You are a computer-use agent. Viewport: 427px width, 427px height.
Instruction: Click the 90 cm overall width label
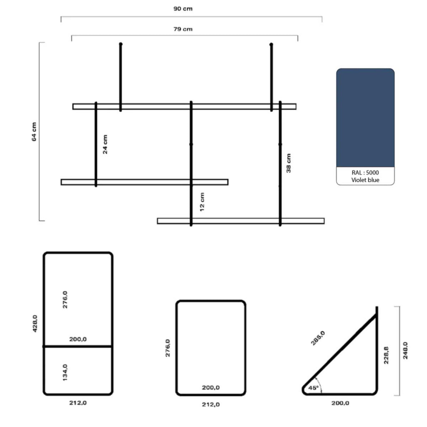pyautogui.click(x=183, y=9)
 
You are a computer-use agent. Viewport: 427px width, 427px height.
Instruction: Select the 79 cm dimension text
pyautogui.click(x=183, y=29)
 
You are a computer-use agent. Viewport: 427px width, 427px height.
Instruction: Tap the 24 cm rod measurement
pyautogui.click(x=105, y=144)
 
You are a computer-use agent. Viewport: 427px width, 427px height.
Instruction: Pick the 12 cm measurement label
pyautogui.click(x=202, y=202)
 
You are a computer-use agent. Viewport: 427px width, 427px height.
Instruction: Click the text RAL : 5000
pyautogui.click(x=365, y=172)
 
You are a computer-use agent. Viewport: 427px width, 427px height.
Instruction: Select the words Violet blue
pyautogui.click(x=365, y=180)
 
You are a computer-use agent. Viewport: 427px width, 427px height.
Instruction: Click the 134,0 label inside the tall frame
pyautogui.click(x=65, y=371)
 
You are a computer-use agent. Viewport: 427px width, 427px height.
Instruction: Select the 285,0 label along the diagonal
pyautogui.click(x=318, y=338)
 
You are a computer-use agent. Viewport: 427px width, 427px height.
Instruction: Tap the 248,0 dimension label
pyautogui.click(x=405, y=350)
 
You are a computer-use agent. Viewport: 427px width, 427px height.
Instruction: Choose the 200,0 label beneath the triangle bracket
pyautogui.click(x=340, y=403)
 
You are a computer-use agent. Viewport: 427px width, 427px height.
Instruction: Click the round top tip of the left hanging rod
pyautogui.click(x=121, y=44)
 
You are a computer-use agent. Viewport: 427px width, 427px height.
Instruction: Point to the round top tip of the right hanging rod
pyautogui.click(x=271, y=44)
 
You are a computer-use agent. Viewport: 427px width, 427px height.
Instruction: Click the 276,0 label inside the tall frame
pyautogui.click(x=65, y=300)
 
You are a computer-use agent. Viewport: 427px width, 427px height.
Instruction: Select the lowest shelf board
pyautogui.click(x=241, y=221)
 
